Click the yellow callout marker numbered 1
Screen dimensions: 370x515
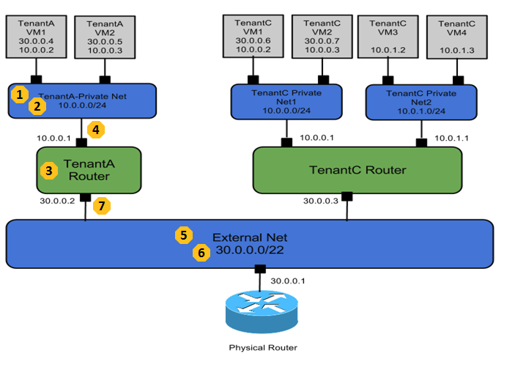(21, 94)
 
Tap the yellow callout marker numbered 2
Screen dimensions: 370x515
(37, 106)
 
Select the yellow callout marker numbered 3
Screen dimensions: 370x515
(49, 171)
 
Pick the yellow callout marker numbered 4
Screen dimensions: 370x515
(95, 130)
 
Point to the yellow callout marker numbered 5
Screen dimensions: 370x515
(184, 235)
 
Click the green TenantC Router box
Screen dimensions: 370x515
(357, 170)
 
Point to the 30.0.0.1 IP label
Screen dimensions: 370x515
(287, 280)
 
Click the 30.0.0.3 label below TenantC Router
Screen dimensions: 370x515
(320, 201)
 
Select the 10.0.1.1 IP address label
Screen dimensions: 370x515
(451, 137)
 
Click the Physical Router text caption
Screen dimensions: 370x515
(263, 347)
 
